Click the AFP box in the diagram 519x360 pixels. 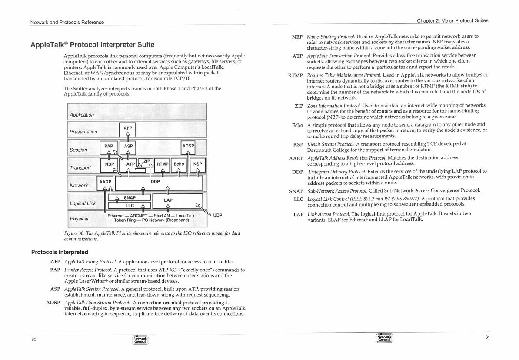pos(128,128)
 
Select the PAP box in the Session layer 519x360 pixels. pos(108,147)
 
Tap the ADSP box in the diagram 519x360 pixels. pos(188,146)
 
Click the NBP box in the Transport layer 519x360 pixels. pos(109,164)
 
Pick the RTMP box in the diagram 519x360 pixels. pos(163,164)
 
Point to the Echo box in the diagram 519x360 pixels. pos(179,164)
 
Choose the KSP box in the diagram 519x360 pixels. pos(197,164)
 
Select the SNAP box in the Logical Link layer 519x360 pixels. pos(130,198)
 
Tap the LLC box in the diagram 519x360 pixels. pos(130,206)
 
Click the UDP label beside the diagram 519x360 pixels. pos(218,215)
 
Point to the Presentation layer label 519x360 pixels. pos(83,132)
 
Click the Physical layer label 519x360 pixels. pos(79,219)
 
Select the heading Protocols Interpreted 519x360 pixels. pos(60,252)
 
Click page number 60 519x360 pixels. pos(33,340)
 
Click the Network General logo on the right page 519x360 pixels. pos(384,338)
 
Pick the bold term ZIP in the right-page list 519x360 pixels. pos(298,106)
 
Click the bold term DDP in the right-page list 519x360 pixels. pos(297,172)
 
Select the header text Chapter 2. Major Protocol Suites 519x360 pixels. pos(452,20)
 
